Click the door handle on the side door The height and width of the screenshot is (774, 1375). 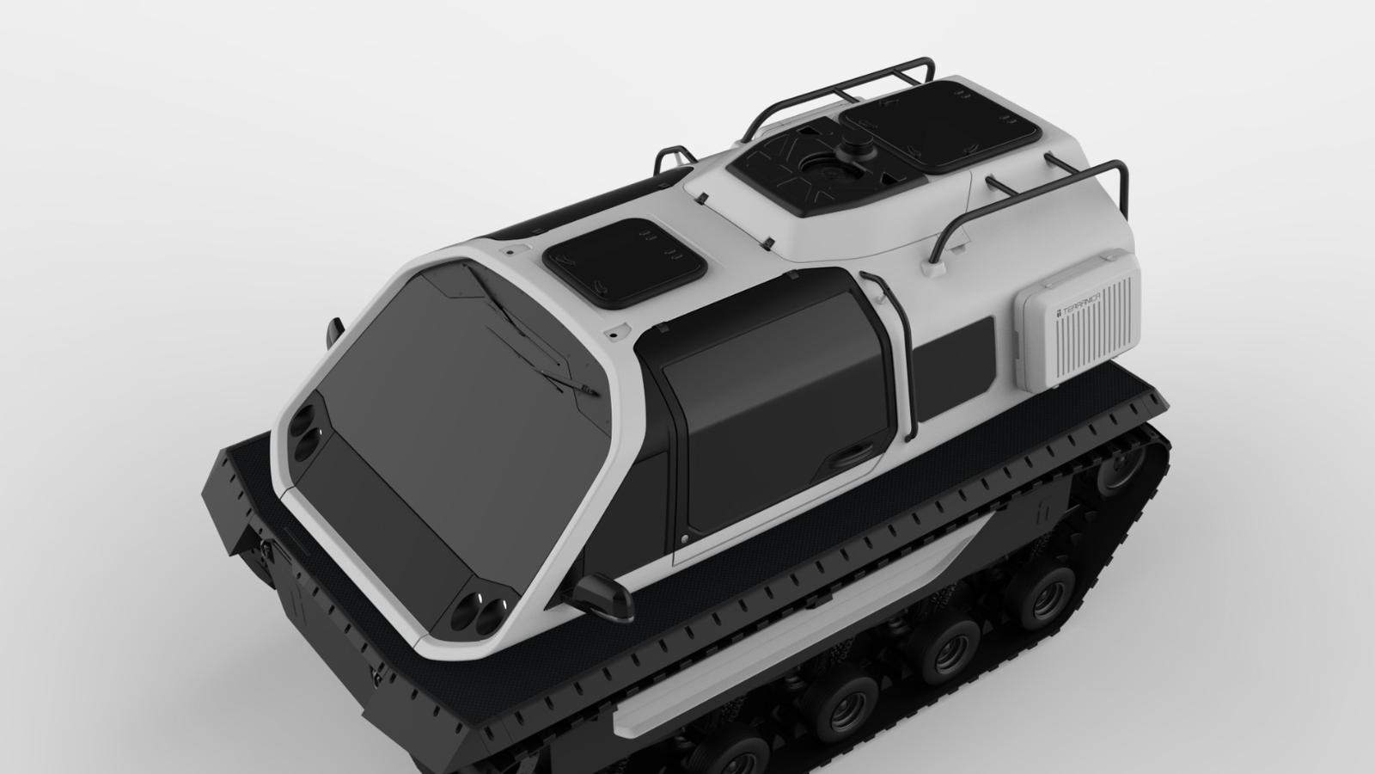pos(853,455)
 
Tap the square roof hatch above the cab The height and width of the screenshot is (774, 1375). pos(625,263)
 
